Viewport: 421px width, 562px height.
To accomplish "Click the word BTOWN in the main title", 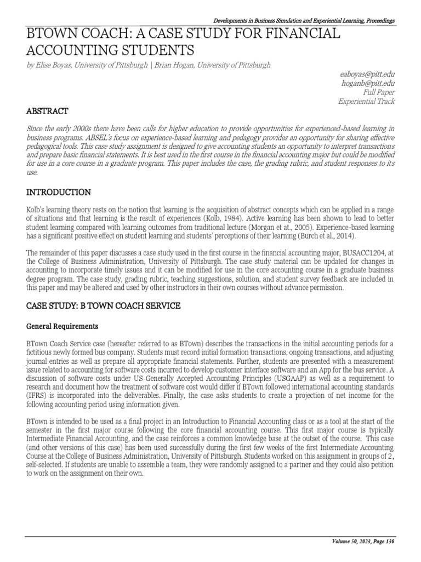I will pos(51,34).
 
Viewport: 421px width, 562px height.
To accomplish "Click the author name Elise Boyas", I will pos(53,65).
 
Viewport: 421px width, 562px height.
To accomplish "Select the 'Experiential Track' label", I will pos(366,102).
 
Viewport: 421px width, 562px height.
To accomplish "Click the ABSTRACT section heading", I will pos(48,111).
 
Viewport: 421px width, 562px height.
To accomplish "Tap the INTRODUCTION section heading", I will pos(59,192).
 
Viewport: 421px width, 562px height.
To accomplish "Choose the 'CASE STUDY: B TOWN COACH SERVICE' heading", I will pos(104,305).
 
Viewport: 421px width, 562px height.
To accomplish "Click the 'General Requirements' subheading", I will pos(62,326).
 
